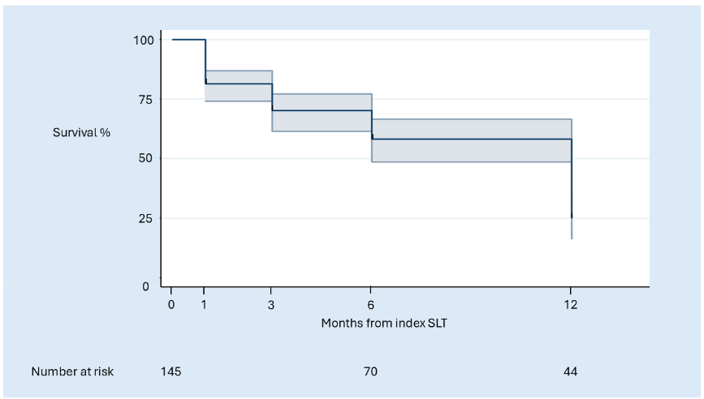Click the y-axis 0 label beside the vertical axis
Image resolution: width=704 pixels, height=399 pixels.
tap(145, 286)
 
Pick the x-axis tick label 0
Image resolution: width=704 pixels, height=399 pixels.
tap(171, 305)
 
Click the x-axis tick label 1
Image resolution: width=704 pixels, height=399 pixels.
tap(205, 305)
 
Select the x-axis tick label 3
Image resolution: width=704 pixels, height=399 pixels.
tap(271, 305)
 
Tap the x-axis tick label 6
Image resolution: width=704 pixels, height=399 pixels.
tap(371, 305)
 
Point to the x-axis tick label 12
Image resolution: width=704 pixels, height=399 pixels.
tap(571, 305)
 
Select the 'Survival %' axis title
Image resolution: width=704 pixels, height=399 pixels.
tap(81, 131)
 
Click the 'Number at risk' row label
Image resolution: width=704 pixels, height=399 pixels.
tap(73, 371)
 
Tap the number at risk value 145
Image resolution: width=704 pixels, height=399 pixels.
tap(171, 371)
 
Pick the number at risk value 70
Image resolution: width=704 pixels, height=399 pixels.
tap(371, 371)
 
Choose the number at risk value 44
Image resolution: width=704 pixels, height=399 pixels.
tap(571, 371)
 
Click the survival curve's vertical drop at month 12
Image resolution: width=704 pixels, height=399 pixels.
tap(572, 178)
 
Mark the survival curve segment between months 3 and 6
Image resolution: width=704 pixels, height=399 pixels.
tap(321, 110)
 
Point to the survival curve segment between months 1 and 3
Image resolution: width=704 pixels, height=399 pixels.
tap(238, 84)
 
